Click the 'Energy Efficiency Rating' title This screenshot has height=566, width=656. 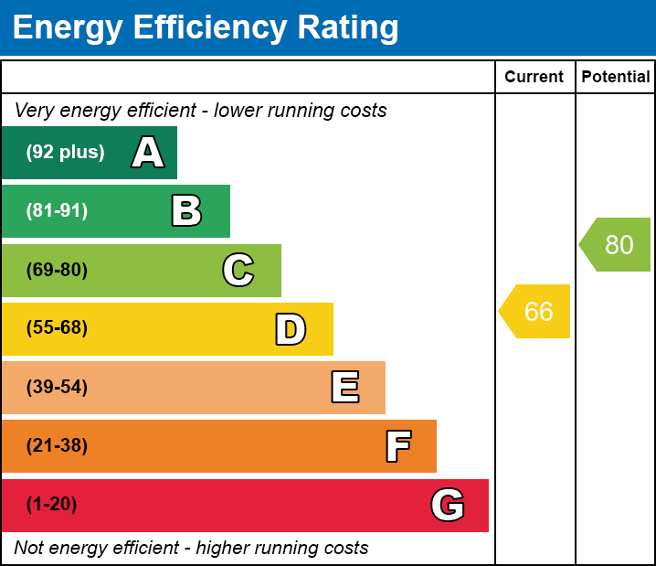click(x=206, y=28)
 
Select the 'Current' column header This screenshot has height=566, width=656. click(x=534, y=78)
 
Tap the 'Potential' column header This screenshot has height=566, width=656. click(x=616, y=78)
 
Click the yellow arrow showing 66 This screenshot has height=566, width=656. click(x=536, y=312)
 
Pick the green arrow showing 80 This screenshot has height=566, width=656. click(x=617, y=245)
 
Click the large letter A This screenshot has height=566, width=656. click(x=148, y=153)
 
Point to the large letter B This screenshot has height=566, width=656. click(x=186, y=211)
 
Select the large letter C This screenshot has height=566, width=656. click(x=238, y=270)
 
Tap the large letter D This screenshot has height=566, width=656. click(x=291, y=329)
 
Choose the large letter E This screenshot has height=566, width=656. click(x=344, y=388)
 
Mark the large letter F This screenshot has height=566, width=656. click(x=397, y=446)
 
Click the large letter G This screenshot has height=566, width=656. click(x=448, y=505)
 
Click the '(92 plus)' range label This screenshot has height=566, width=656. click(x=65, y=153)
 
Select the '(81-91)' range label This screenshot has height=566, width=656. click(x=58, y=211)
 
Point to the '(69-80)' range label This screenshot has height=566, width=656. click(x=58, y=270)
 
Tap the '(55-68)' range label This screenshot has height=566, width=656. click(x=58, y=328)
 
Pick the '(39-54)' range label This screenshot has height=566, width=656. click(x=58, y=388)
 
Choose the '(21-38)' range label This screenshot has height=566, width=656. click(x=58, y=446)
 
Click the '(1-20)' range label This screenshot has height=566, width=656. click(x=52, y=505)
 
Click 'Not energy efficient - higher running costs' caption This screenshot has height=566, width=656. click(x=191, y=549)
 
